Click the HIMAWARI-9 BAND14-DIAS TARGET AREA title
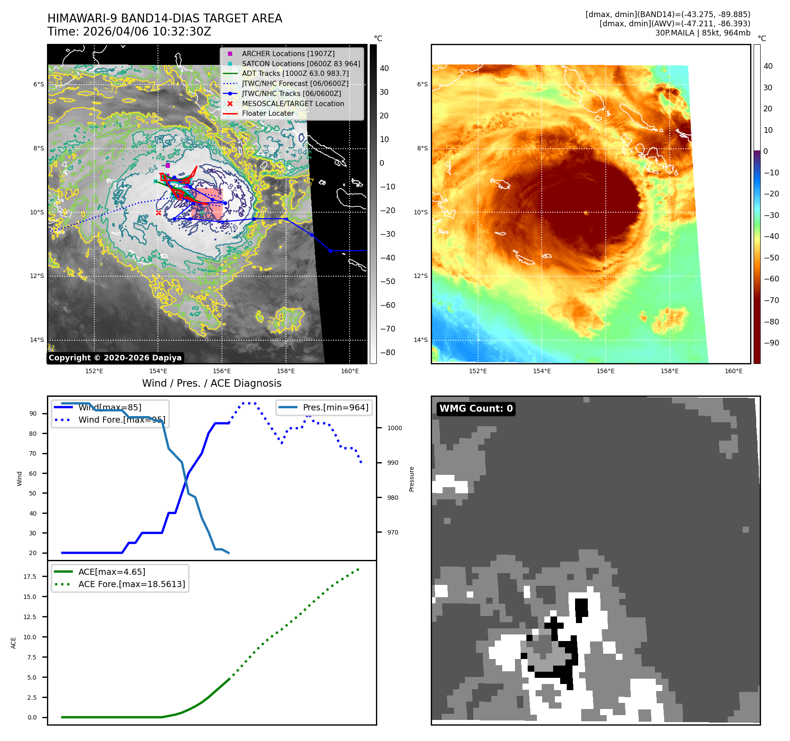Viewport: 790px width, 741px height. click(164, 18)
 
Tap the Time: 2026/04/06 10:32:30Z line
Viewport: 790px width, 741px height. click(129, 32)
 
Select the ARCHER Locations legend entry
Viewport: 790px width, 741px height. click(288, 53)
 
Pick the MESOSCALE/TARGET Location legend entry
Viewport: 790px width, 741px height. click(293, 103)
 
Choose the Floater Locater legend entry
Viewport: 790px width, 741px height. click(268, 113)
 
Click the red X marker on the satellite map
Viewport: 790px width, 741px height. click(158, 213)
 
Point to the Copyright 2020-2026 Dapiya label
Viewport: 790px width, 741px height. click(115, 358)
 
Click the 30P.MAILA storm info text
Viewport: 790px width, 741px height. click(702, 33)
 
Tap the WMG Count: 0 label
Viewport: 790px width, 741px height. click(476, 409)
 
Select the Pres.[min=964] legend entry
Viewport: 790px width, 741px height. click(335, 407)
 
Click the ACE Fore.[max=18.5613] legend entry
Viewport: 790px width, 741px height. click(131, 584)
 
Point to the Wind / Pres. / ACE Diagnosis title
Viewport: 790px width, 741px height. click(211, 383)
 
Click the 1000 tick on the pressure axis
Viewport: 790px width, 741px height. click(394, 428)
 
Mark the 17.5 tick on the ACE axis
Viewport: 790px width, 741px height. click(30, 577)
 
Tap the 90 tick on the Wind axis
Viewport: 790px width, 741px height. click(33, 413)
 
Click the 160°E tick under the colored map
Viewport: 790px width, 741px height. click(733, 371)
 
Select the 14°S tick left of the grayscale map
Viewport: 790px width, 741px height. click(37, 340)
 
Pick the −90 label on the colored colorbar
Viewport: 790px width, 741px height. click(771, 343)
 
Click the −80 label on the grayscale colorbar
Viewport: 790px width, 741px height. click(387, 353)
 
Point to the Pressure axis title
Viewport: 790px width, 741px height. click(411, 479)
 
